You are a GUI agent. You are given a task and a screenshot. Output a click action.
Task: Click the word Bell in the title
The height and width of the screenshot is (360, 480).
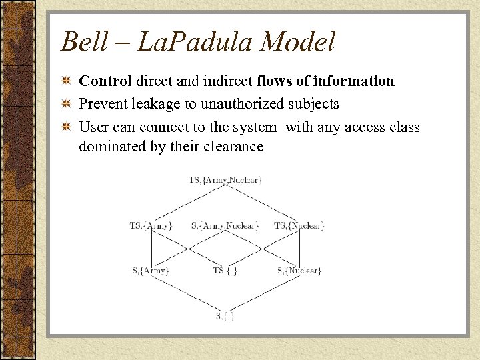click(83, 42)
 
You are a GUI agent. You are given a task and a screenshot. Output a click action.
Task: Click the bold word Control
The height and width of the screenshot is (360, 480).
click(106, 81)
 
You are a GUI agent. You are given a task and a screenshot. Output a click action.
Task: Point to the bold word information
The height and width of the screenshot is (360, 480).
click(354, 81)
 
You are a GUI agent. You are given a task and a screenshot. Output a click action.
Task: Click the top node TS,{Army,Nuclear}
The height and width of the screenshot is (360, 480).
click(225, 179)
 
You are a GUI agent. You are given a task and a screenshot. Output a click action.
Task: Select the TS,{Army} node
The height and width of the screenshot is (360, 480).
click(151, 226)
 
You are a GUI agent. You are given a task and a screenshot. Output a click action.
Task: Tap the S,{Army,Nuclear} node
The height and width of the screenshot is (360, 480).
click(225, 226)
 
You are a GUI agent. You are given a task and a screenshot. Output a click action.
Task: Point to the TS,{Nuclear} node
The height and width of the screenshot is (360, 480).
click(299, 226)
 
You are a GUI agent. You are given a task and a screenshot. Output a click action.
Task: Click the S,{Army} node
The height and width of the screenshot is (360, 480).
click(151, 271)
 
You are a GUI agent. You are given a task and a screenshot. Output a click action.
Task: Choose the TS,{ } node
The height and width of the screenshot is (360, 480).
click(225, 271)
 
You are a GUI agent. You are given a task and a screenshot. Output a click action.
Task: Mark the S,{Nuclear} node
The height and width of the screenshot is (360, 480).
click(299, 271)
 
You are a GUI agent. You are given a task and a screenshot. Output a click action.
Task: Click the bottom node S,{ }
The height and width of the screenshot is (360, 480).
click(225, 315)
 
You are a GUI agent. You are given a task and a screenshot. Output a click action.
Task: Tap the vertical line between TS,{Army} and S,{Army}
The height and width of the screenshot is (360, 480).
click(151, 249)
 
